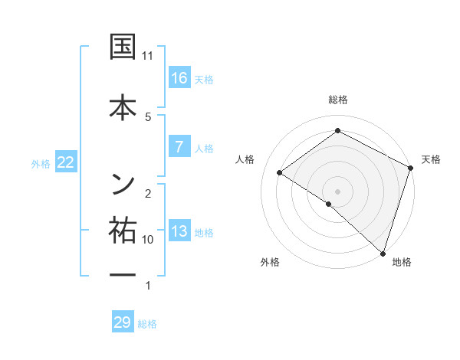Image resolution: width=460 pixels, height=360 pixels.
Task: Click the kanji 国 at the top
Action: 123,47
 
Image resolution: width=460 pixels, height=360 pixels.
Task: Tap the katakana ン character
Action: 123,182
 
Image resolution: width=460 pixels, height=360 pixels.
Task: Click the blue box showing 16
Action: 179,78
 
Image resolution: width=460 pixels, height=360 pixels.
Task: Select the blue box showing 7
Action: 179,147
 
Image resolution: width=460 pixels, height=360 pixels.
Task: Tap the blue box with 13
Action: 179,232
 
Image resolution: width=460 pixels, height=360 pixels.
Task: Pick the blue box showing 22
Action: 65,162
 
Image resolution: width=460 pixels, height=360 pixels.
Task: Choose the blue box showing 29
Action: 123,322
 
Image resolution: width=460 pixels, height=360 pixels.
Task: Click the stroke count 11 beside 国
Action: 148,56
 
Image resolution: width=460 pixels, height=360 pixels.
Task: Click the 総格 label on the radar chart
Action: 338,100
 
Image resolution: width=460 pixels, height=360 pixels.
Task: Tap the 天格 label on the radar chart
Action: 432,159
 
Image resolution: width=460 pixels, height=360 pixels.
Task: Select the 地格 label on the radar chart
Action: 402,262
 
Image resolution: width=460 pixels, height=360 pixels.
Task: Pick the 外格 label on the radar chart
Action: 270,262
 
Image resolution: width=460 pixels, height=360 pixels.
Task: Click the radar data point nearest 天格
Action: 411,168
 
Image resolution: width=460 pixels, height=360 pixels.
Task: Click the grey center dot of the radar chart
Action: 337,191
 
